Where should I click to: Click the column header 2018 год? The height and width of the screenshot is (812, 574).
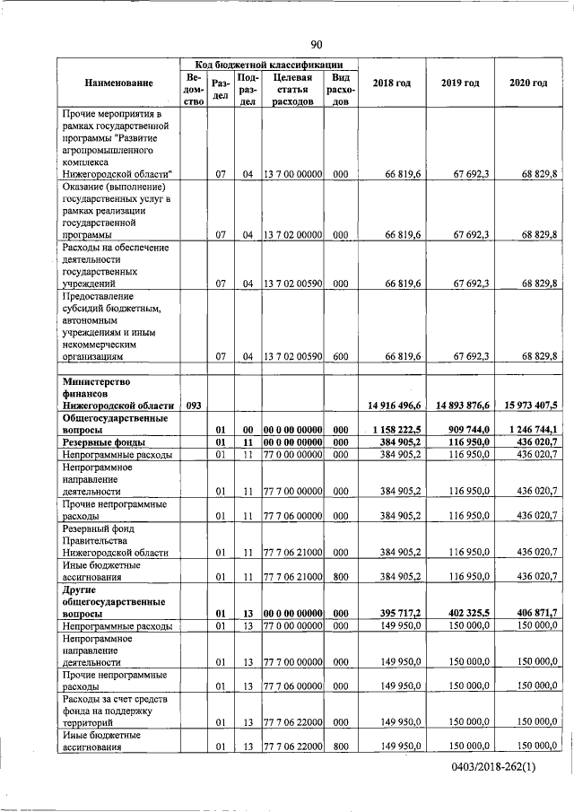click(x=392, y=83)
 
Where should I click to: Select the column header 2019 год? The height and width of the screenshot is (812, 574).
click(x=460, y=83)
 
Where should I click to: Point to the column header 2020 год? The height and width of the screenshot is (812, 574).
click(x=527, y=83)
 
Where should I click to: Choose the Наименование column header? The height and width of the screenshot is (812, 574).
click(x=119, y=83)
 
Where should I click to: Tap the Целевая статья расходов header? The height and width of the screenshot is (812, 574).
click(x=291, y=90)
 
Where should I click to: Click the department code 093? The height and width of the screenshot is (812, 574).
click(x=193, y=406)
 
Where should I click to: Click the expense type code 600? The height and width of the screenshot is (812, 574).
click(x=340, y=356)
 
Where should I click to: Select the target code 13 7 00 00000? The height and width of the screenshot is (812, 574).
click(x=291, y=173)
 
